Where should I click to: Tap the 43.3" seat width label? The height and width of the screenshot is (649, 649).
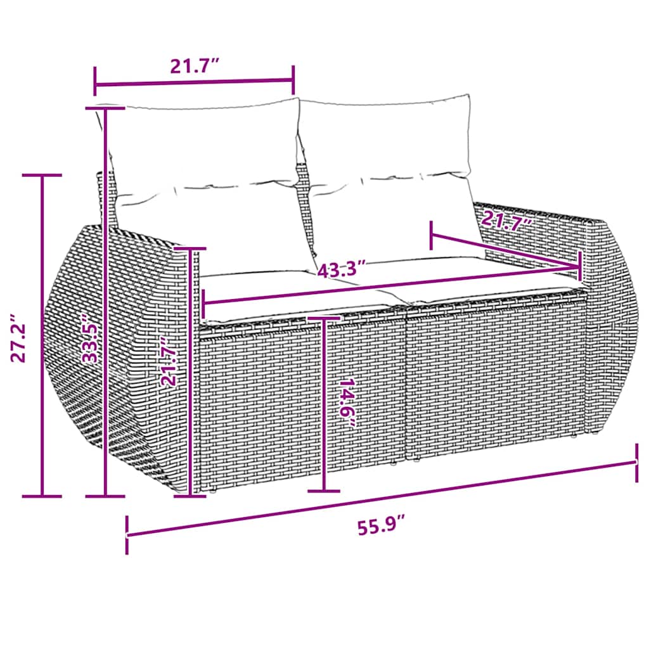342,269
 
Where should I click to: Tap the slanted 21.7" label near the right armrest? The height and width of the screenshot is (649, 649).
505,222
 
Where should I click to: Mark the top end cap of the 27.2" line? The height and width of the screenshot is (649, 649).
42,175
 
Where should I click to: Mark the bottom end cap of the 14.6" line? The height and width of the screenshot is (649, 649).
323,491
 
